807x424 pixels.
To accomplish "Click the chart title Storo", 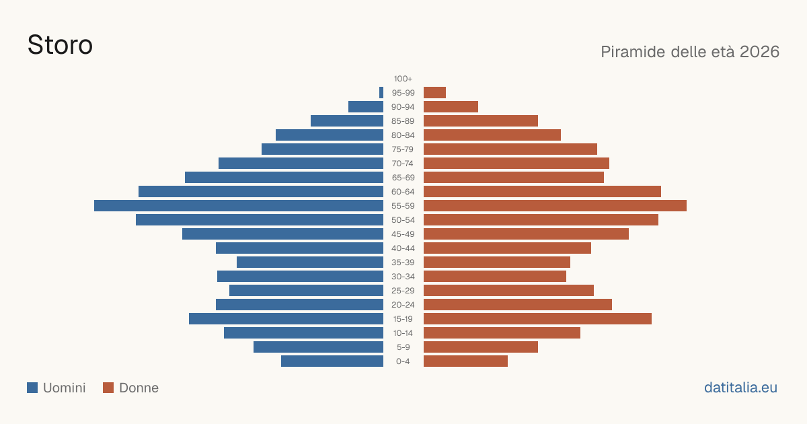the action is (60, 45).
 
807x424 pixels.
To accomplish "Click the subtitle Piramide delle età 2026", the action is (690, 52).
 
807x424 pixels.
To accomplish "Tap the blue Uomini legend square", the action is (32, 388).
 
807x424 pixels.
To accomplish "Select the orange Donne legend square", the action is (108, 388).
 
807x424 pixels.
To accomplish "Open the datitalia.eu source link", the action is (740, 388).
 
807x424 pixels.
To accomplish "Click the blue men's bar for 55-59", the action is (239, 205).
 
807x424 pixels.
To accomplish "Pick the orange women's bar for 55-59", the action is (555, 205).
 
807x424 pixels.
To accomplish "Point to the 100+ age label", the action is (403, 79).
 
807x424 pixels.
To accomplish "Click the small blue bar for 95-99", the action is (381, 93).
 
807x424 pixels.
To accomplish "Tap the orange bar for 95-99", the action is (435, 93).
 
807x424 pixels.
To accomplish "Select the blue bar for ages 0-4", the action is (332, 361).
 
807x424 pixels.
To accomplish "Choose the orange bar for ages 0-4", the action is (465, 361).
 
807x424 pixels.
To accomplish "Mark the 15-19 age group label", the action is (403, 319).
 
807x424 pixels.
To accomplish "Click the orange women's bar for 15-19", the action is (537, 319).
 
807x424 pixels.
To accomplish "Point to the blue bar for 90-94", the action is (366, 107).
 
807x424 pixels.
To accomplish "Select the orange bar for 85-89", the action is (481, 120).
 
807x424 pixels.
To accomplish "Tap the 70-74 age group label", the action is (403, 164).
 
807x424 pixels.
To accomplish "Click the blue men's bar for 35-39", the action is (310, 262).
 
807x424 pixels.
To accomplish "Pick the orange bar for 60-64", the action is (542, 191).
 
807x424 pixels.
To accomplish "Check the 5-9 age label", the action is (403, 347).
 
